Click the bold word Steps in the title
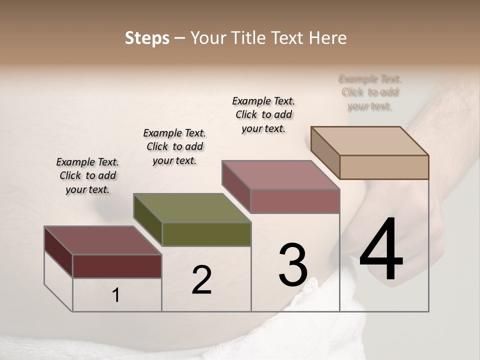point(147,38)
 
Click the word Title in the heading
point(250,38)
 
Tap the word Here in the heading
point(328,38)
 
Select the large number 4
point(381,250)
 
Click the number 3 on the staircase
point(293,265)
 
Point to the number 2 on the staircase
point(201,280)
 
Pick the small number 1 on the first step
point(116,295)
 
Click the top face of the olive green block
point(192,208)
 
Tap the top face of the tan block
point(370,141)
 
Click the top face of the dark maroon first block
point(103,240)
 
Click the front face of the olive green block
point(206,234)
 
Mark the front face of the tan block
point(384,167)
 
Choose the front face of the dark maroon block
point(117,266)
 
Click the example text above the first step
point(87,175)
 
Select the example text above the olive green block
point(174,146)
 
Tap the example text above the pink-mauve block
point(263,114)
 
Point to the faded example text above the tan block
point(370,92)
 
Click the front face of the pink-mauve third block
point(295,201)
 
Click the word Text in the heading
point(289,38)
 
